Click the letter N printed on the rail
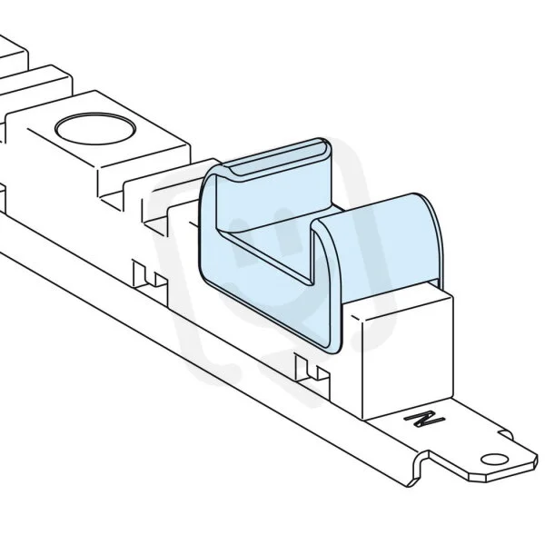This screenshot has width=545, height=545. pyautogui.click(x=425, y=418)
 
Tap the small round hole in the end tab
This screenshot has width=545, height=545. pyautogui.click(x=494, y=459)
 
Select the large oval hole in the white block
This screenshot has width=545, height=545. pyautogui.click(x=94, y=129)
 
